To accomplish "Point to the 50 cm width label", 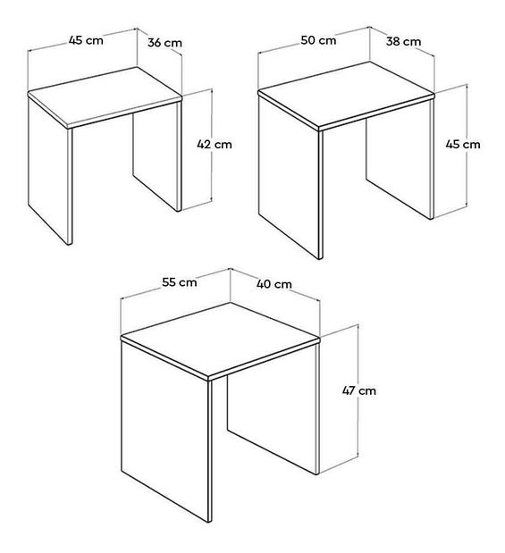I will [x=319, y=40].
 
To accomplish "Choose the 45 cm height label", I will [x=462, y=144].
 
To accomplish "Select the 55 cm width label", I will [x=180, y=282].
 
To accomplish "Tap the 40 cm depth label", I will [x=274, y=284].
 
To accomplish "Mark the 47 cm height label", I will [x=359, y=390].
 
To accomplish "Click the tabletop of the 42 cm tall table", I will [x=105, y=94].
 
